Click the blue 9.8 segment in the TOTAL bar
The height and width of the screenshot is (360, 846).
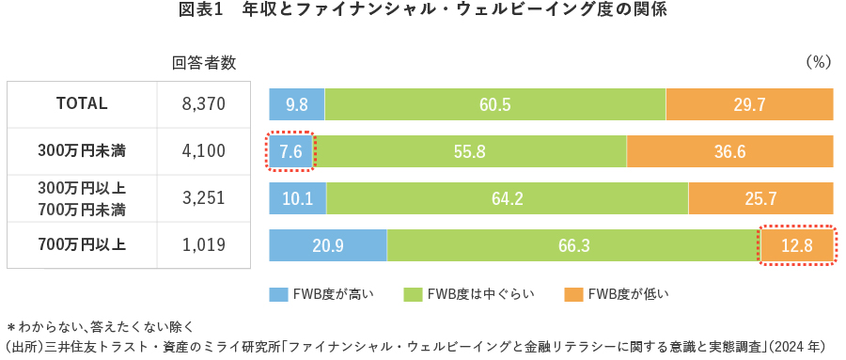coord(297,104)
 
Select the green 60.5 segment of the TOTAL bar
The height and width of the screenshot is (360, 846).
coord(494,104)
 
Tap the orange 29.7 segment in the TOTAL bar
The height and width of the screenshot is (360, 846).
coord(749,104)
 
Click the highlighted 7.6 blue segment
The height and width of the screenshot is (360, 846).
coord(290,151)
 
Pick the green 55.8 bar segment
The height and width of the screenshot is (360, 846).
coord(469,151)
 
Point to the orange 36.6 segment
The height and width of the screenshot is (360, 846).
coord(729,151)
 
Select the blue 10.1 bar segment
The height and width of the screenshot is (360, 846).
coord(298,198)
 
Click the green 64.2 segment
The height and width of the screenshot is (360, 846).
coord(508,198)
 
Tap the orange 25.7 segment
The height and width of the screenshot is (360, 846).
coord(760,198)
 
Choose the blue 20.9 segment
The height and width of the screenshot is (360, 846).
coord(328,245)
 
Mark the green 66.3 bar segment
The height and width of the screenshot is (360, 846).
coord(572,245)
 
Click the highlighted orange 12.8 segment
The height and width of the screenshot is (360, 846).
coord(796,245)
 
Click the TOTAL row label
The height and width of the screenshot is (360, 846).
coord(82,104)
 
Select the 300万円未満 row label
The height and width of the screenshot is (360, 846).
coord(82,151)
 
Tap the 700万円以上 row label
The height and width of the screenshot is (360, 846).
coord(82,245)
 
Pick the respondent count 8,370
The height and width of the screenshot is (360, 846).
coord(204,104)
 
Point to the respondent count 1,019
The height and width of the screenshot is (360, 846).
coord(204,245)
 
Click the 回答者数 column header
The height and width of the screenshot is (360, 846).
coord(204,63)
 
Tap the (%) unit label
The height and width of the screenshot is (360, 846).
coord(819,63)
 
